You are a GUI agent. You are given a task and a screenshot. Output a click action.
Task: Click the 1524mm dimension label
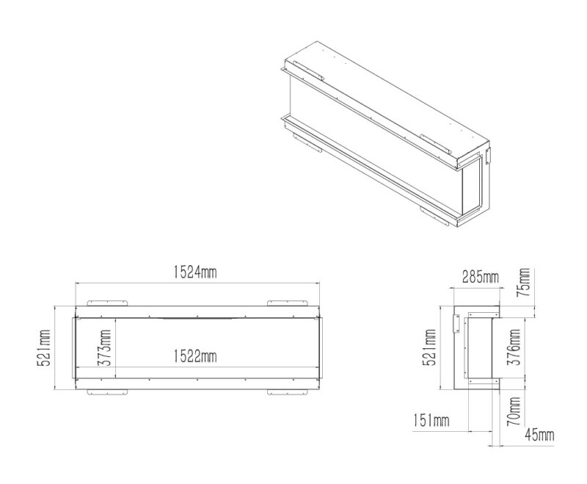click(x=195, y=272)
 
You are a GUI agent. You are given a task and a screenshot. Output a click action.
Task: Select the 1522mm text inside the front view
click(x=195, y=356)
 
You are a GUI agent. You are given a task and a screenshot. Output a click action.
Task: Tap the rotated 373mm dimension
click(x=103, y=347)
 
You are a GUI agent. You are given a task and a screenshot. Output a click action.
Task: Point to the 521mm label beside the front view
click(x=43, y=348)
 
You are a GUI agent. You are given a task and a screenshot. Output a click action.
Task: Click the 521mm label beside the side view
click(x=429, y=347)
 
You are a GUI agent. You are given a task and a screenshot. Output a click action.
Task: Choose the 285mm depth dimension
click(x=481, y=277)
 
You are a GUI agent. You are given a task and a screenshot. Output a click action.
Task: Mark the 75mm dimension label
click(x=523, y=282)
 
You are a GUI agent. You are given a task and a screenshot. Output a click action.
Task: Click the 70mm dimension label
click(x=513, y=411)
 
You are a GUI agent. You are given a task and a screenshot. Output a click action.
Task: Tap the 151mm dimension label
click(x=431, y=420)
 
